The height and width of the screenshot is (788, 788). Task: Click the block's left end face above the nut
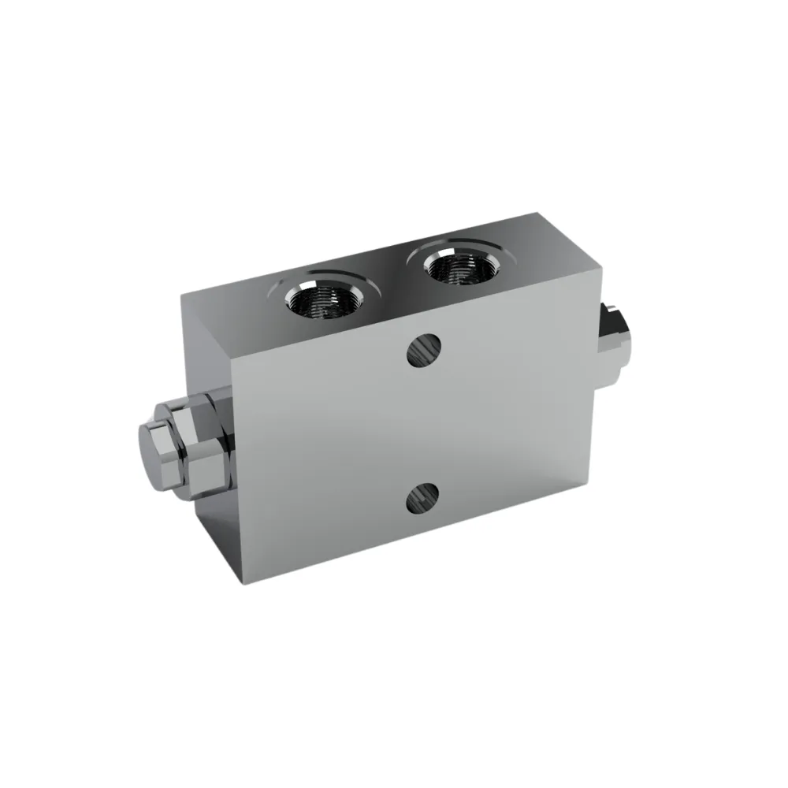[206, 347]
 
